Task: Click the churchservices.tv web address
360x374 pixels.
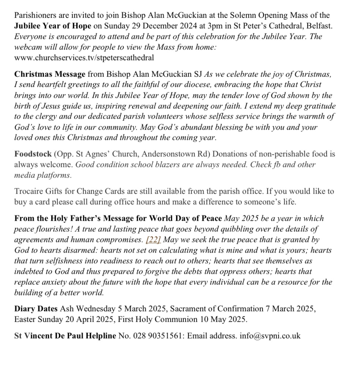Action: point(84,58)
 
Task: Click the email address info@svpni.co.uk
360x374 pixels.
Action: point(270,336)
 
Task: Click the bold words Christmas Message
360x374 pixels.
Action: point(50,74)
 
